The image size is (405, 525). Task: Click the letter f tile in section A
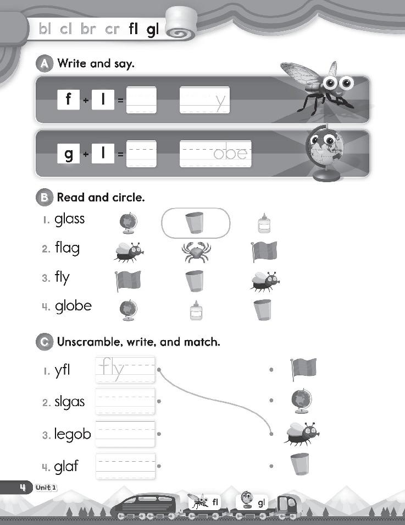point(69,100)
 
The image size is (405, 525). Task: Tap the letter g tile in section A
point(69,154)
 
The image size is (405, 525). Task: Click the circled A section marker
point(44,64)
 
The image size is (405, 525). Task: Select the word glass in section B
point(70,219)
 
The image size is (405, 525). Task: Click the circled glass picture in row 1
point(195,223)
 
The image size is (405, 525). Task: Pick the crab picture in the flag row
point(196,251)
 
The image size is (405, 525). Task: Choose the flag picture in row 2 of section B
point(264,251)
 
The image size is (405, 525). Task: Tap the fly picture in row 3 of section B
point(265,281)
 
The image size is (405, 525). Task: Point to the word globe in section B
point(73,306)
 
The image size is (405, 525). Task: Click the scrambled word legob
point(73,434)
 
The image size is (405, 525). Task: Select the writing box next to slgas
point(125,402)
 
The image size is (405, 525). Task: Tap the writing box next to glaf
point(125,466)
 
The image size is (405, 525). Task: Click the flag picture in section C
point(303,369)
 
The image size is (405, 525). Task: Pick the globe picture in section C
point(302,401)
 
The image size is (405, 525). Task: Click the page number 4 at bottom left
point(23,487)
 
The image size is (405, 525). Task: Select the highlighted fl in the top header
point(134,30)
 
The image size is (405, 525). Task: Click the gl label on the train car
point(262,502)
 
